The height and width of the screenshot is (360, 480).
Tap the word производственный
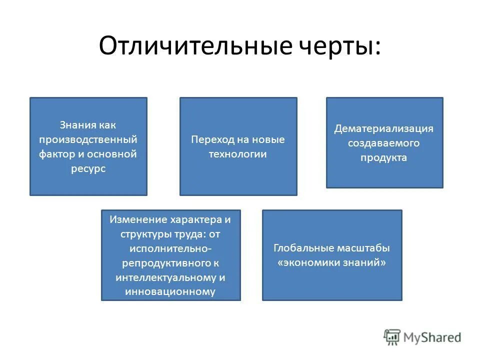[x=88, y=139]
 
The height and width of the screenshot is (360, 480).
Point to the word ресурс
[x=88, y=169]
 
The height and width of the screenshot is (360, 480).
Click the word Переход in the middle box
[x=209, y=139]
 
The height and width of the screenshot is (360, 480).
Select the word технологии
[x=238, y=154]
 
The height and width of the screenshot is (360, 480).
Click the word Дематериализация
[x=384, y=128]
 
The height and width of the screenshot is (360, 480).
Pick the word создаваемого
[x=384, y=143]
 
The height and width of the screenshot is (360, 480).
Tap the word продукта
[x=384, y=158]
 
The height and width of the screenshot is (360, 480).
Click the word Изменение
[x=140, y=219]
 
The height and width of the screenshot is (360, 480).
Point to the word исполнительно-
[x=170, y=248]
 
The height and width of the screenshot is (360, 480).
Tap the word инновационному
[x=170, y=291]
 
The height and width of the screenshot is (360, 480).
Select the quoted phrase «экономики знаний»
[x=332, y=262]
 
